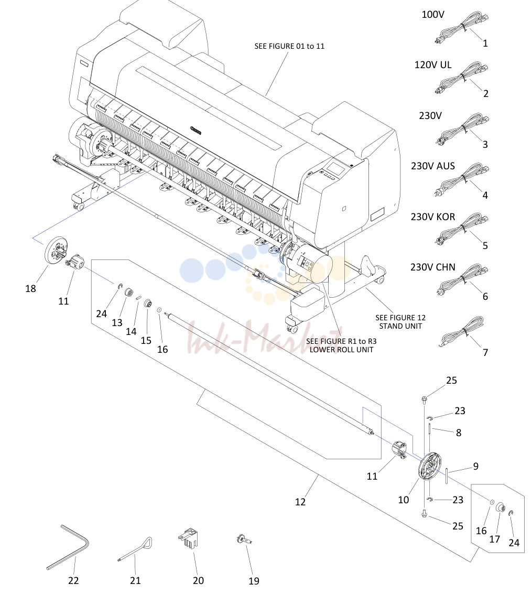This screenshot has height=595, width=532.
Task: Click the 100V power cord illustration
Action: pyautogui.click(x=462, y=28)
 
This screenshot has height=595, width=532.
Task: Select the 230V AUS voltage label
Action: pyautogui.click(x=432, y=166)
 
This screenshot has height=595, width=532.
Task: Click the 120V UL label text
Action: pyautogui.click(x=432, y=65)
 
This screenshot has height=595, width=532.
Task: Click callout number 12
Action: pyautogui.click(x=300, y=502)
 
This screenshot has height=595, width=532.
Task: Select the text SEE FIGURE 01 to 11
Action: pyautogui.click(x=289, y=46)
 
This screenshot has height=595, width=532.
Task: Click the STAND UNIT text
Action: pyautogui.click(x=400, y=326)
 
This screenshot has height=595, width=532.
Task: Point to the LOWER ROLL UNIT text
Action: pyautogui.click(x=341, y=350)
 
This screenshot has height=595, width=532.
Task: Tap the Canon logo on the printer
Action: pyautogui.click(x=196, y=131)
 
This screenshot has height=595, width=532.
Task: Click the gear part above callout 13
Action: pyautogui.click(x=128, y=294)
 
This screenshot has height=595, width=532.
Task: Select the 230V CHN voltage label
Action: pyautogui.click(x=432, y=267)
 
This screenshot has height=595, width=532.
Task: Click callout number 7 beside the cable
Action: pyautogui.click(x=485, y=352)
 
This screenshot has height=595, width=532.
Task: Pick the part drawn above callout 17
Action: pyautogui.click(x=501, y=506)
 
